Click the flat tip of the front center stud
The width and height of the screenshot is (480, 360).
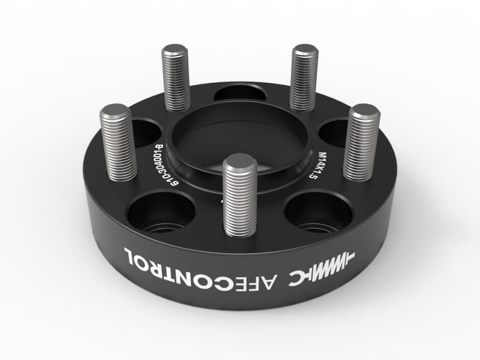(240, 161)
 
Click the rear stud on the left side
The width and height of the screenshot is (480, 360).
(176, 78)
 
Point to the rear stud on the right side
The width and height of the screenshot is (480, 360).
(304, 78)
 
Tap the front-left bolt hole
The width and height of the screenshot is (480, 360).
(161, 211)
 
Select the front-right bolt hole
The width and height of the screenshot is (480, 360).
(318, 211)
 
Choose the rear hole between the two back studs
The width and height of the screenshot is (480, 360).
(240, 92)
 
